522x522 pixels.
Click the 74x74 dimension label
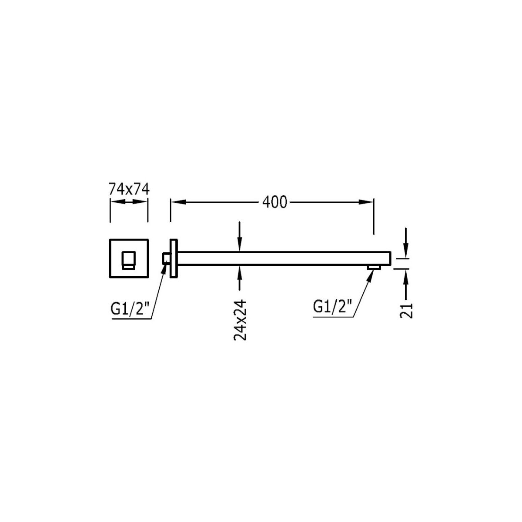[x=129, y=189]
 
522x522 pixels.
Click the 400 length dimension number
[x=274, y=202]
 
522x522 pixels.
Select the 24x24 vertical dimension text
[x=240, y=320]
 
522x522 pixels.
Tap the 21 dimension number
[x=406, y=311]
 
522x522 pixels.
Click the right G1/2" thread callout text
[x=332, y=306]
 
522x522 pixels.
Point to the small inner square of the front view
[x=128, y=260]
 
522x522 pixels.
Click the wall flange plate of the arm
[x=174, y=258]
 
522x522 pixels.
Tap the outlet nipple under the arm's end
[x=374, y=268]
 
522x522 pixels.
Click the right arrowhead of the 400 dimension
[x=366, y=202]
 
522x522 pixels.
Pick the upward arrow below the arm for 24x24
[x=239, y=278]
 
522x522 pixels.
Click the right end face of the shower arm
[x=390, y=258]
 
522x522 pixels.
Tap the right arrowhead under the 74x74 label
[x=140, y=202]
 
